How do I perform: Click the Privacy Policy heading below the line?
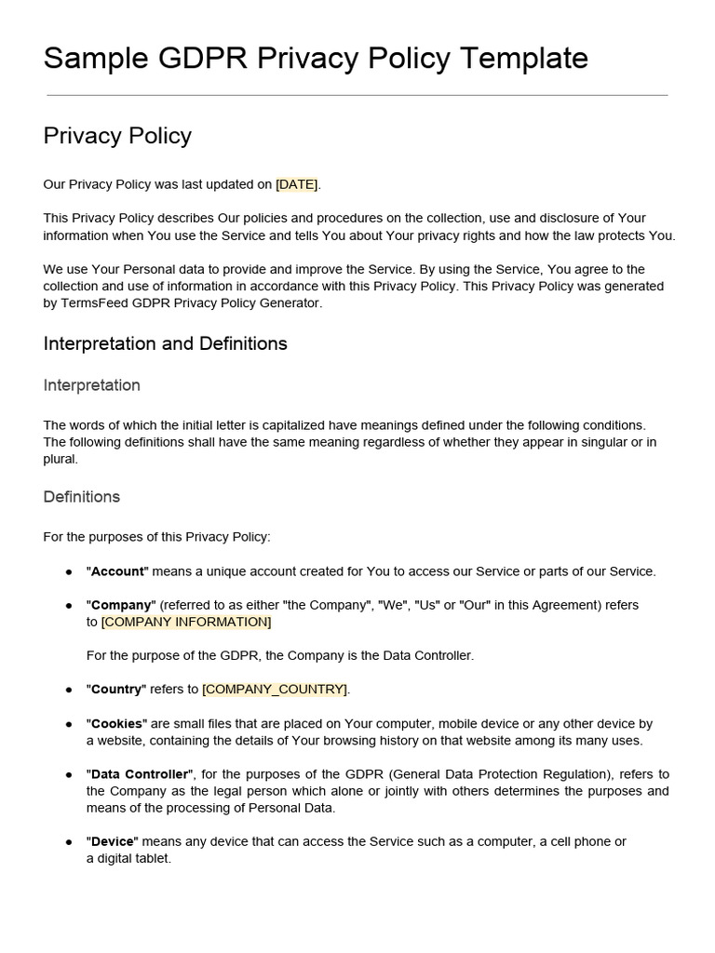pos(117,136)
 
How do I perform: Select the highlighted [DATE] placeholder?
pos(297,184)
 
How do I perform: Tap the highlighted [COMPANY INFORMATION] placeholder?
pos(186,622)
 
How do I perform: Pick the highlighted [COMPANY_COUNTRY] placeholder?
pos(275,690)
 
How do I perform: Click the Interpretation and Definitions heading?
pos(165,343)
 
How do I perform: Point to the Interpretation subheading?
pos(91,385)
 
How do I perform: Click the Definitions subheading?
pos(81,497)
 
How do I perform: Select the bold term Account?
pos(117,571)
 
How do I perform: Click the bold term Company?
pos(121,605)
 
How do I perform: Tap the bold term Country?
pos(116,690)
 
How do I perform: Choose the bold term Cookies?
pos(116,723)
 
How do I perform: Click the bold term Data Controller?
pos(140,774)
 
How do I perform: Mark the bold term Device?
pos(113,841)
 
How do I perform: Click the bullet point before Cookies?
pos(69,724)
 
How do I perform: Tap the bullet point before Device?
pos(69,842)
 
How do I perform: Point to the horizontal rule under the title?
pos(357,95)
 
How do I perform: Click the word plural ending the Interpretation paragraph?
pos(61,459)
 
